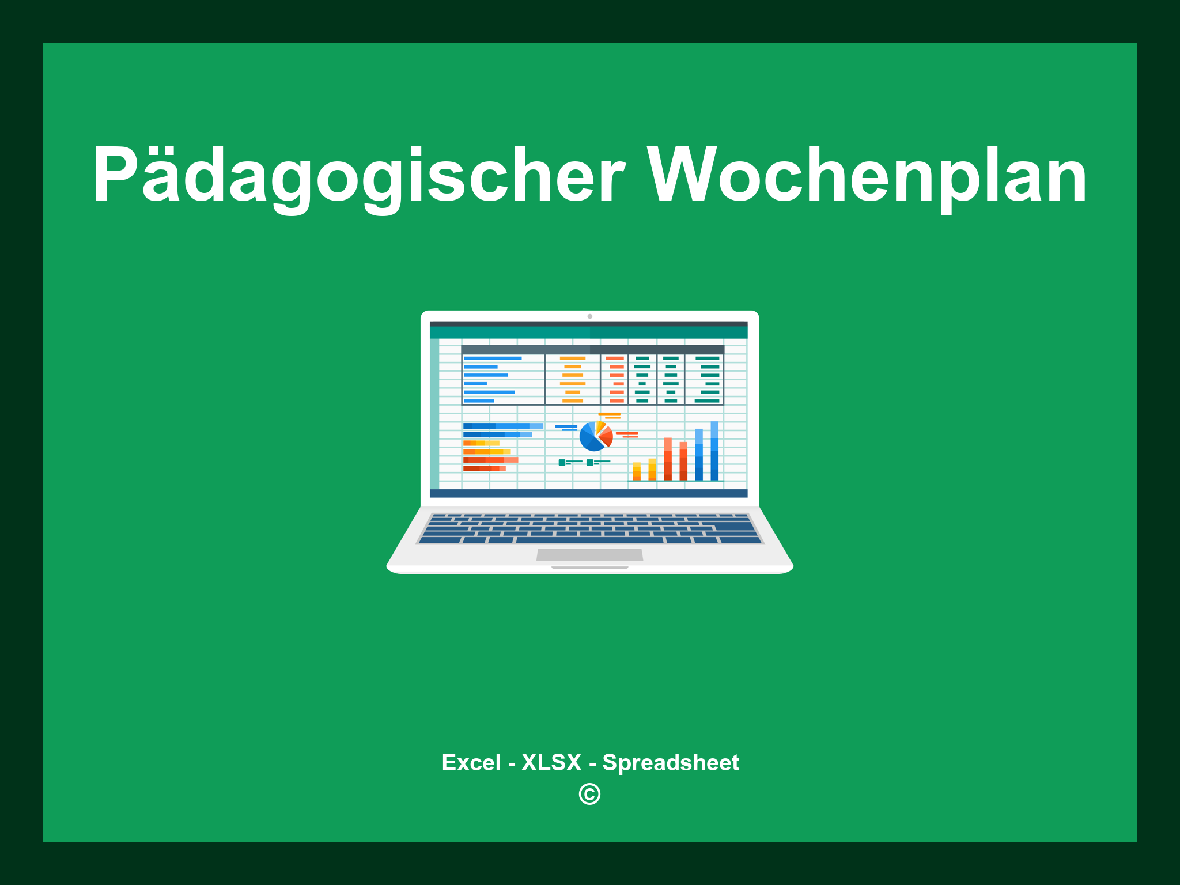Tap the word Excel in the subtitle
(471, 763)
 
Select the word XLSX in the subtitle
(551, 763)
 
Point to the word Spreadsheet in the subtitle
(670, 763)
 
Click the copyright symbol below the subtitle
(589, 795)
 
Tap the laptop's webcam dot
(589, 316)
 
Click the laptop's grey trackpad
(589, 555)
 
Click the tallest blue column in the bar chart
(714, 451)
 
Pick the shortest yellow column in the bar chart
(637, 471)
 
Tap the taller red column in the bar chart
(668, 459)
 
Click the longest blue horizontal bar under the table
(503, 426)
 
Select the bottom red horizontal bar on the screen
(484, 468)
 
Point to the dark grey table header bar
(592, 350)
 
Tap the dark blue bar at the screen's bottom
(588, 493)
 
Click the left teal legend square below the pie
(562, 462)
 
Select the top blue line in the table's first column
(493, 358)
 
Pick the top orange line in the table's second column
(573, 358)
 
